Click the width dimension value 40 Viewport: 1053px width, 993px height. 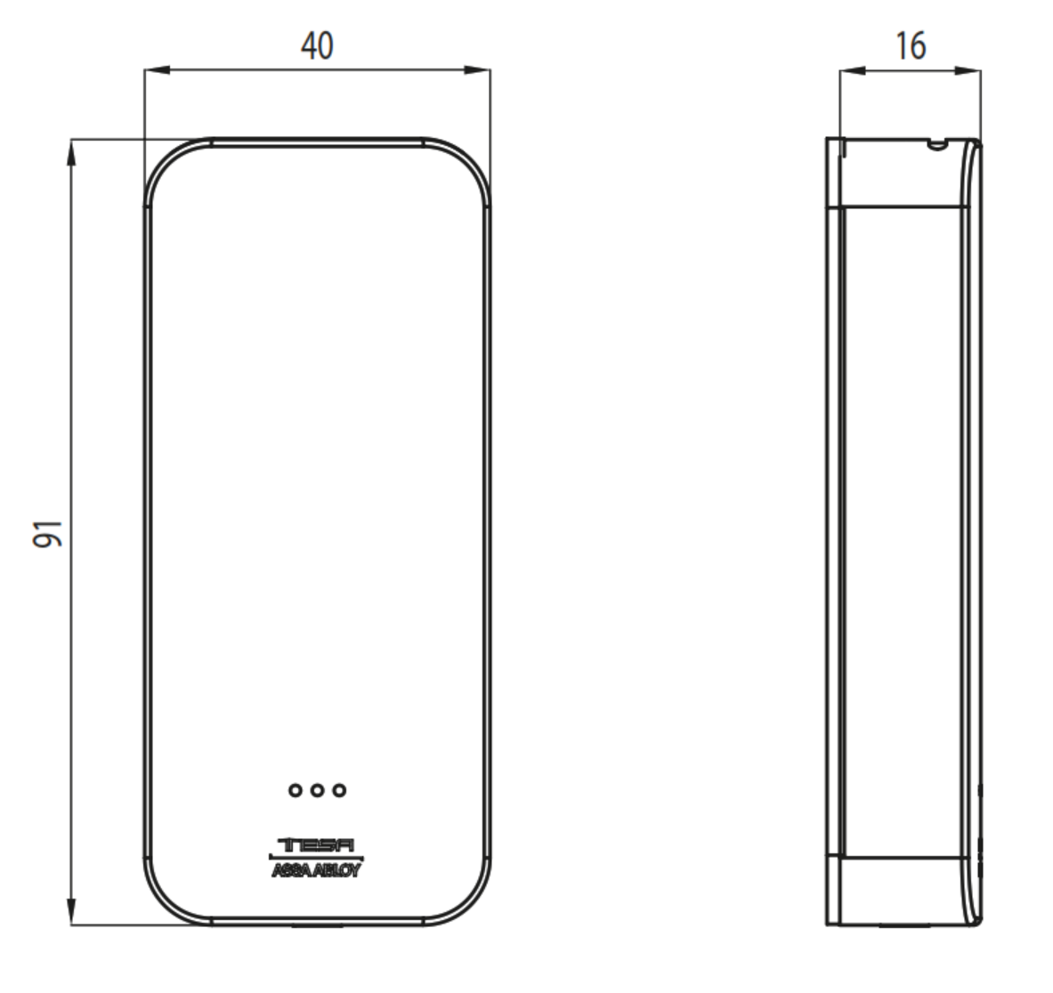pos(317,45)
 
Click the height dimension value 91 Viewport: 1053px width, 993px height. pos(49,533)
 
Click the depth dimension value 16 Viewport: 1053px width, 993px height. pos(910,45)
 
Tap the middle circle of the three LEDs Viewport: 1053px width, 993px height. pos(317,789)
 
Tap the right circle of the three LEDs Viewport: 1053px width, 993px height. pos(338,789)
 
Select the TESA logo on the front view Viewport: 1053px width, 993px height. pos(317,845)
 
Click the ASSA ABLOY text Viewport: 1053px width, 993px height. pos(317,871)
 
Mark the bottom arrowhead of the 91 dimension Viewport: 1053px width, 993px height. pos(71,915)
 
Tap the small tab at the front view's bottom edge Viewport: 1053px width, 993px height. pos(317,926)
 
